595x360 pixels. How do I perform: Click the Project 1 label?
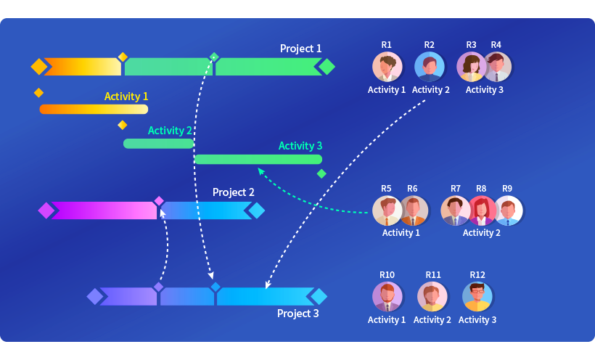300,49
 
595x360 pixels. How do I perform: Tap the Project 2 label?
234,192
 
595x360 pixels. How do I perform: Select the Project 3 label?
298,314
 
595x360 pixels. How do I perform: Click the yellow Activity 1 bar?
94,110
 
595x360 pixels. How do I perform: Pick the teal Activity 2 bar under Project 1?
159,144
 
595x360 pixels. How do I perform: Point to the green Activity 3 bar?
258,159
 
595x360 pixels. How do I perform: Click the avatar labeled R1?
387,67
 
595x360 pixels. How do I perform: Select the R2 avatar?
429,67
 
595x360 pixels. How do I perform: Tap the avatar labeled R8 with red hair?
482,210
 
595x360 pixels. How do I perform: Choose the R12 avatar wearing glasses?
477,297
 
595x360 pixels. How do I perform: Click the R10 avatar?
387,297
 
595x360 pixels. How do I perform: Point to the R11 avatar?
432,297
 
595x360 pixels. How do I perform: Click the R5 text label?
386,189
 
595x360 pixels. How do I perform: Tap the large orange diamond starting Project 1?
39,67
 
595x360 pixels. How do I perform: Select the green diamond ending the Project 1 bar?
327,67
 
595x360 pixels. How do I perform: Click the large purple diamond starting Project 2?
46,210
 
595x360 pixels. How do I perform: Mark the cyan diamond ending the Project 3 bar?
319,296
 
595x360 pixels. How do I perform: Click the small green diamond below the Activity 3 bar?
321,173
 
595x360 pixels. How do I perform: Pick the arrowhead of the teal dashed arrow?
260,171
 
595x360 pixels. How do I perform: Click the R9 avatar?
508,210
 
